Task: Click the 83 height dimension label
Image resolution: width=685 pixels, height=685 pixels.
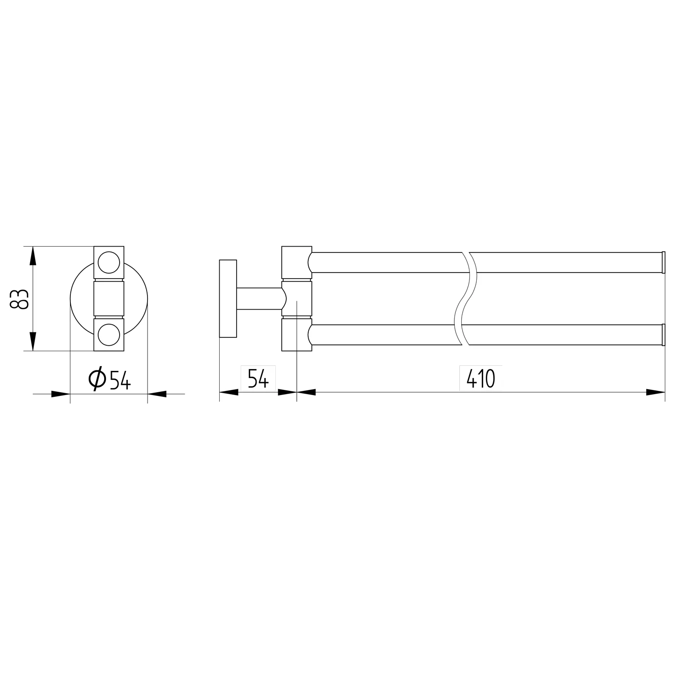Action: point(20,299)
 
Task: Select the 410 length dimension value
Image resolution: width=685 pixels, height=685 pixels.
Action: point(480,379)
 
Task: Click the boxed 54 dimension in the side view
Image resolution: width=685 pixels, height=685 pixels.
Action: point(258,378)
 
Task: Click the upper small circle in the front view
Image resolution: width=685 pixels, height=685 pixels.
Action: point(109,262)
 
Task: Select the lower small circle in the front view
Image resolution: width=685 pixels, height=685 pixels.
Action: point(109,335)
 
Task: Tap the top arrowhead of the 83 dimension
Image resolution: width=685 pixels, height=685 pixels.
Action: point(32,256)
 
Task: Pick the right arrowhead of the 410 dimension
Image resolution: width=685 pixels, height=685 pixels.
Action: point(656,392)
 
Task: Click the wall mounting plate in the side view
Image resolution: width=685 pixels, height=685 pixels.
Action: point(228,299)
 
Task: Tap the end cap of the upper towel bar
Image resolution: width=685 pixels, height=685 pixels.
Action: point(664,262)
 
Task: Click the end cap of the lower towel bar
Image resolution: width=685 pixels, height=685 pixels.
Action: point(664,335)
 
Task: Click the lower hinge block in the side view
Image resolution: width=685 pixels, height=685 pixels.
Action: point(295,335)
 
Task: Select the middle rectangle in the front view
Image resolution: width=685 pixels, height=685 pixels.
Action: point(109,299)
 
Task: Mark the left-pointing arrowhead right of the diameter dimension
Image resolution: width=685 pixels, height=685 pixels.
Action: point(157,394)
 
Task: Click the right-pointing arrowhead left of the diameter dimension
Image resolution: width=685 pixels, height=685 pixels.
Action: point(60,394)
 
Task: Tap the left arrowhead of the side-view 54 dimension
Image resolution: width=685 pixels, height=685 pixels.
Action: point(229,392)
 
